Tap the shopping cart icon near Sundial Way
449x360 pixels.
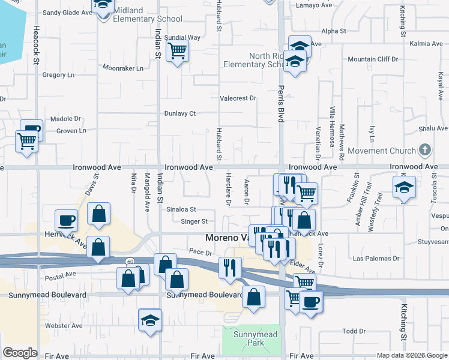[x=177, y=52]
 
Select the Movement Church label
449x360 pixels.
[x=382, y=151]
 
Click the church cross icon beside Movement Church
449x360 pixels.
[x=424, y=149]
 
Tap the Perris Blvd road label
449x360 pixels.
[x=280, y=103]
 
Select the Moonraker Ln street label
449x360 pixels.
[x=123, y=68]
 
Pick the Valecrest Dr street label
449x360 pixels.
[x=238, y=98]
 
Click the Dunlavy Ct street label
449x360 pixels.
[x=180, y=113]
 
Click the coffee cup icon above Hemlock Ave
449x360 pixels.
[x=66, y=220]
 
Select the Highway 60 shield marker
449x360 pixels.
[x=130, y=262]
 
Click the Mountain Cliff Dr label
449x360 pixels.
[x=373, y=59]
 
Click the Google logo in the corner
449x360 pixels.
[x=20, y=353]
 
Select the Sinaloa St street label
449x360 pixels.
[x=181, y=209]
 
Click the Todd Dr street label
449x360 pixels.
[x=354, y=331]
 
